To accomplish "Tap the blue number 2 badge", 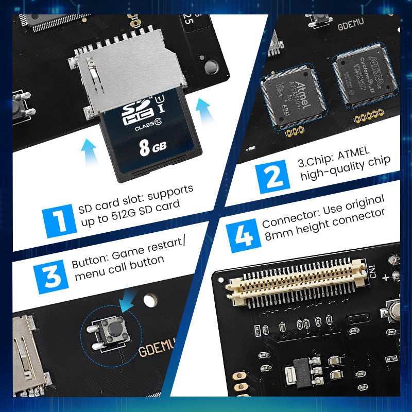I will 274,175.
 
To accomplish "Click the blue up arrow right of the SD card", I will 207,113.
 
